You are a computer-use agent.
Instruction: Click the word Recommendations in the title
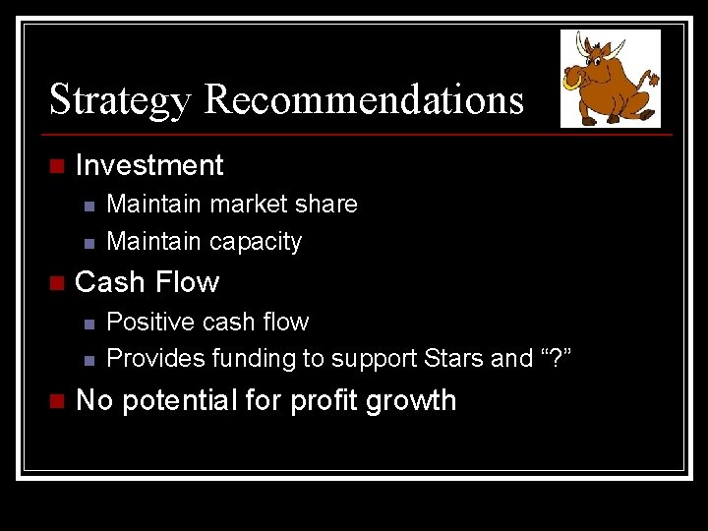(365, 100)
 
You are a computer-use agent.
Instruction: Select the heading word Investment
(149, 165)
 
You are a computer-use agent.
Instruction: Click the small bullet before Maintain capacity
(88, 242)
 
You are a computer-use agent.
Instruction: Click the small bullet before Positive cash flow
(88, 323)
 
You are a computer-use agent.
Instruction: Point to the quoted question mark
(553, 359)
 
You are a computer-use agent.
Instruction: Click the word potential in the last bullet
(196, 401)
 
